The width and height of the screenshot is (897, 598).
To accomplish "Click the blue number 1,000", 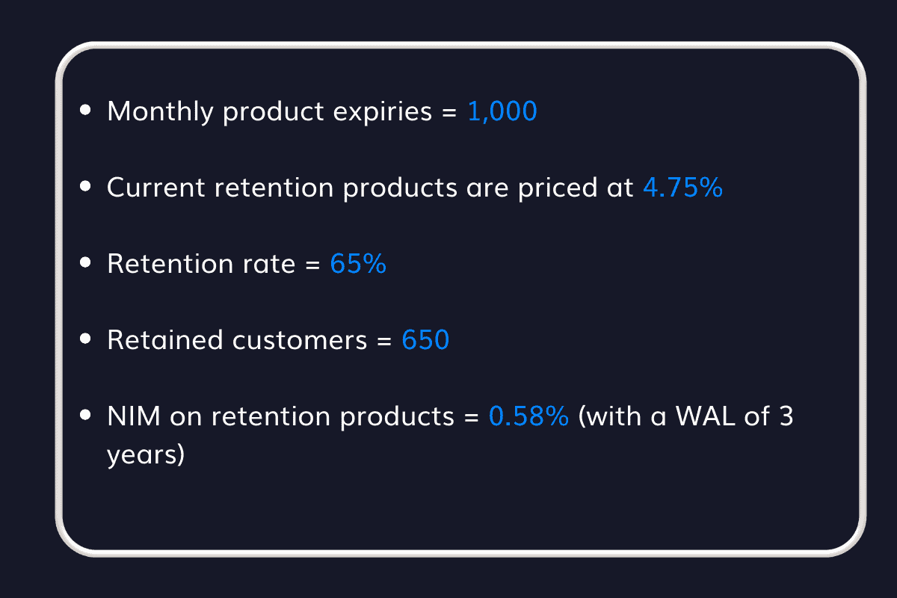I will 502,112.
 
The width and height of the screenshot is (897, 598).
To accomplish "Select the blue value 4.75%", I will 682,188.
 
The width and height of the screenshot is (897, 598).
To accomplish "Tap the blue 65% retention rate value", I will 358,264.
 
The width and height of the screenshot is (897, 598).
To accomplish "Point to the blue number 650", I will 425,340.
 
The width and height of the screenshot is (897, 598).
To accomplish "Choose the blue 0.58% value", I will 528,416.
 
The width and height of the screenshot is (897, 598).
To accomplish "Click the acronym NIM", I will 134,416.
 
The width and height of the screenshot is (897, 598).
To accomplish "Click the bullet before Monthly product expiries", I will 86,111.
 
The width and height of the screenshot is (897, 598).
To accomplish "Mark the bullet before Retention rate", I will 86,263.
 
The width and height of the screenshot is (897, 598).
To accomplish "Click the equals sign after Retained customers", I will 384,341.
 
